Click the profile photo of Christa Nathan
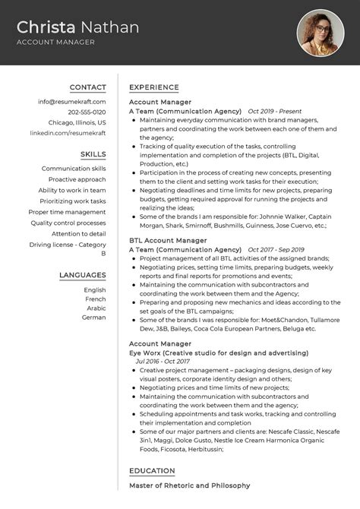(321, 33)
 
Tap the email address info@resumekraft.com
(72, 101)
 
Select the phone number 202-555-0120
(87, 112)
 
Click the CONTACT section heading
(87, 87)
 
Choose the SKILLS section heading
(93, 154)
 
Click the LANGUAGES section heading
(82, 275)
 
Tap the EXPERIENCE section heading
(154, 87)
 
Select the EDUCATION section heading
(153, 471)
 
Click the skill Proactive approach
(77, 179)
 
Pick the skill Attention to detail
(79, 234)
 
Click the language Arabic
(95, 308)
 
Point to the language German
(94, 318)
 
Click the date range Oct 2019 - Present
(276, 111)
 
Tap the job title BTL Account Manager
(168, 240)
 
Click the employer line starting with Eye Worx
(218, 353)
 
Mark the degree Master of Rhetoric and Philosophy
(189, 485)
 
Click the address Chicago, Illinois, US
(77, 122)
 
